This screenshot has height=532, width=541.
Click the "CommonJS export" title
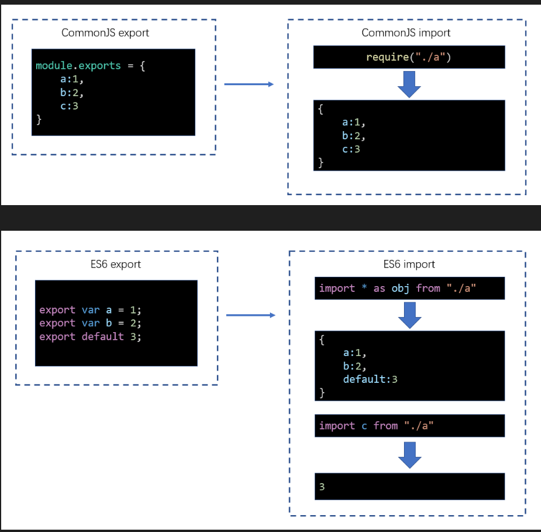click(x=106, y=33)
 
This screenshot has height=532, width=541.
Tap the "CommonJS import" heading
click(x=406, y=33)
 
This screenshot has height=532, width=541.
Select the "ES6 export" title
click(x=115, y=264)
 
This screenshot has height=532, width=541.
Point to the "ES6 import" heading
click(x=409, y=264)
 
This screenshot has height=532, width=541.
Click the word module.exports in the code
click(x=78, y=65)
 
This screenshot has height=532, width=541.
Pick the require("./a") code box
click(x=409, y=57)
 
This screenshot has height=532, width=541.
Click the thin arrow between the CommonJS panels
click(x=249, y=84)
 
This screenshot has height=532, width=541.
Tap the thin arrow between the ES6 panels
click(x=251, y=315)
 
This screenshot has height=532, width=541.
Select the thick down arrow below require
click(x=409, y=84)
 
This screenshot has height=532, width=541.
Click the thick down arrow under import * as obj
click(x=410, y=315)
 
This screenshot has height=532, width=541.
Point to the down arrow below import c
click(x=410, y=455)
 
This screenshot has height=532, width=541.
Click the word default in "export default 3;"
click(x=103, y=337)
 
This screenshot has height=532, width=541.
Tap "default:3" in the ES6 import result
click(x=370, y=379)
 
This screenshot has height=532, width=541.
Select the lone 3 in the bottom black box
click(x=322, y=487)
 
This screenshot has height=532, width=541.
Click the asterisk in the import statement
click(x=364, y=287)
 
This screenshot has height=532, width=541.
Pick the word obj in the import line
click(x=401, y=288)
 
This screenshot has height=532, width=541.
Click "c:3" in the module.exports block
click(x=69, y=106)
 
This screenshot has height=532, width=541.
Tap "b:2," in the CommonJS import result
click(x=354, y=136)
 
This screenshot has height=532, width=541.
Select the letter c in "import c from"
click(x=364, y=426)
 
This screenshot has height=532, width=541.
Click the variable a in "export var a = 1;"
click(x=108, y=311)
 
